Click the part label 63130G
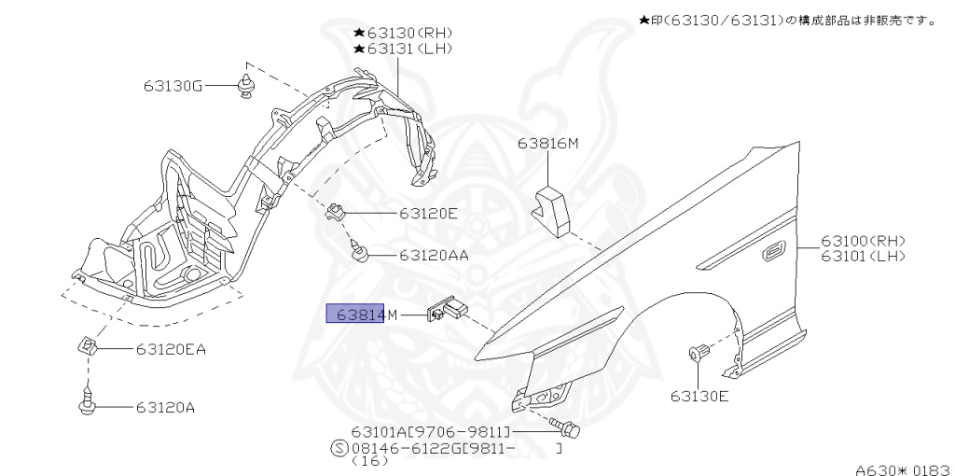click(173, 85)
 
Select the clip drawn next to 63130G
click(246, 87)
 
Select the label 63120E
click(428, 213)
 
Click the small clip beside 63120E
click(336, 213)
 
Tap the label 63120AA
click(434, 254)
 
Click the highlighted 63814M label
click(355, 315)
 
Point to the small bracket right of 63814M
click(448, 309)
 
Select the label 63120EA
click(170, 350)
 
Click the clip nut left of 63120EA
click(86, 347)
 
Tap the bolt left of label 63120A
click(84, 405)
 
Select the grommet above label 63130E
click(699, 354)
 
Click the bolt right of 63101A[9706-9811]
click(569, 429)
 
